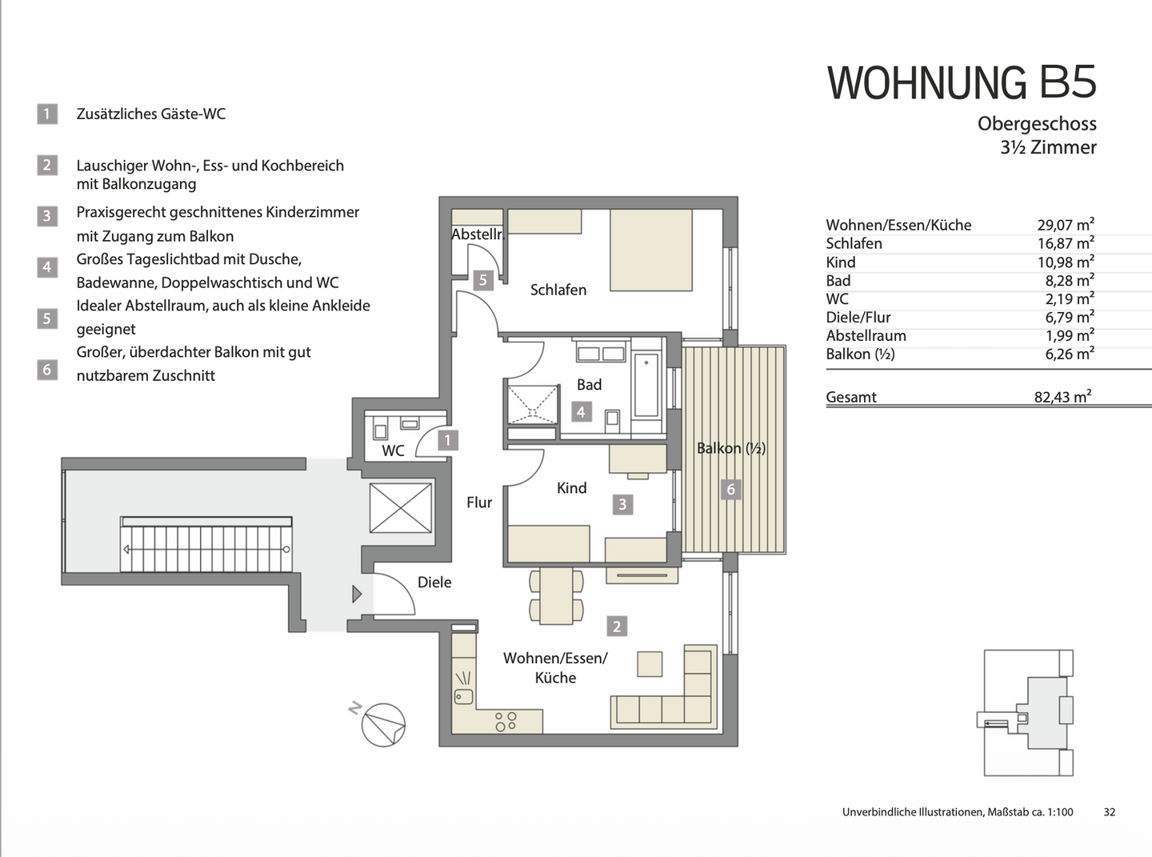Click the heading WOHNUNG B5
[961, 82]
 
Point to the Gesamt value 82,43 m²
[1062, 397]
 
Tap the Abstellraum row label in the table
[866, 336]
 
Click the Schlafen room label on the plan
[558, 290]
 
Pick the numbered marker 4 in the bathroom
[581, 412]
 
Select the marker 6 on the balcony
[730, 489]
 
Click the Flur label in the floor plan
[478, 503]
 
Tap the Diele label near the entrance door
[434, 583]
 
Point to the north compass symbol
[382, 725]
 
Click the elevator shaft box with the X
[401, 507]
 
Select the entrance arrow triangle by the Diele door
[357, 594]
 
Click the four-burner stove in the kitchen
[506, 721]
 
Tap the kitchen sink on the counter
[463, 688]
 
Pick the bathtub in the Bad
[646, 386]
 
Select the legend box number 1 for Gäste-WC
[47, 114]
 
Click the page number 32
[1109, 811]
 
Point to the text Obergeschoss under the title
[1036, 124]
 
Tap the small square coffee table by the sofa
[650, 664]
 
